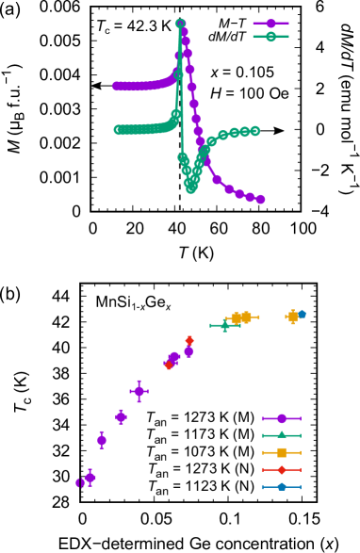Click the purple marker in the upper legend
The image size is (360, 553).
click(271, 24)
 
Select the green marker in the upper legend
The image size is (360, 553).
click(271, 37)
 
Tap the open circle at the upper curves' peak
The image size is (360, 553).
click(180, 24)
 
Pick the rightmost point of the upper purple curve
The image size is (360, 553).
click(260, 200)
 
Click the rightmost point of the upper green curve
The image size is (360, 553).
click(255, 131)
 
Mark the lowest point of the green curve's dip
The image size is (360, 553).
click(191, 188)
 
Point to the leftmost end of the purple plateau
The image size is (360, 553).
click(117, 87)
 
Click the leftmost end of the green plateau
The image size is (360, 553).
click(119, 130)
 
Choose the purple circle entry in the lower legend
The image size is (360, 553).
click(282, 418)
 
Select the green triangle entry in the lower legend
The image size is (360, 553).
click(282, 435)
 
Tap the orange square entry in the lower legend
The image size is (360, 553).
click(282, 452)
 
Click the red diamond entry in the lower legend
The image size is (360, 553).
click(282, 469)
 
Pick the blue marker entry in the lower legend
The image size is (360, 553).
click(282, 487)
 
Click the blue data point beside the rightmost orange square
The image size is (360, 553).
click(302, 315)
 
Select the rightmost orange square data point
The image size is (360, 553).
click(292, 317)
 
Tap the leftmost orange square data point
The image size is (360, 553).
click(236, 318)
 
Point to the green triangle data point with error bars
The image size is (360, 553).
click(224, 326)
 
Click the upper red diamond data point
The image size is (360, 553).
click(189, 341)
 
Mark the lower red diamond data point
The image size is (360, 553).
click(169, 366)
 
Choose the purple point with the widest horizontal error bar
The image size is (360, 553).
click(139, 391)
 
